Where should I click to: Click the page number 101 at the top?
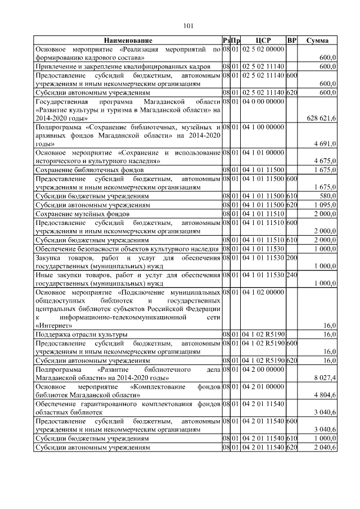click(x=188, y=25)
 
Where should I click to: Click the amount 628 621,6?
click(x=321, y=118)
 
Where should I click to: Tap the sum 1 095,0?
click(x=325, y=205)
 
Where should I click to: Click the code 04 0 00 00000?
click(x=263, y=101)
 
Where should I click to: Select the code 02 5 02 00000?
click(x=263, y=49)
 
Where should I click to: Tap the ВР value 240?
click(x=291, y=274)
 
